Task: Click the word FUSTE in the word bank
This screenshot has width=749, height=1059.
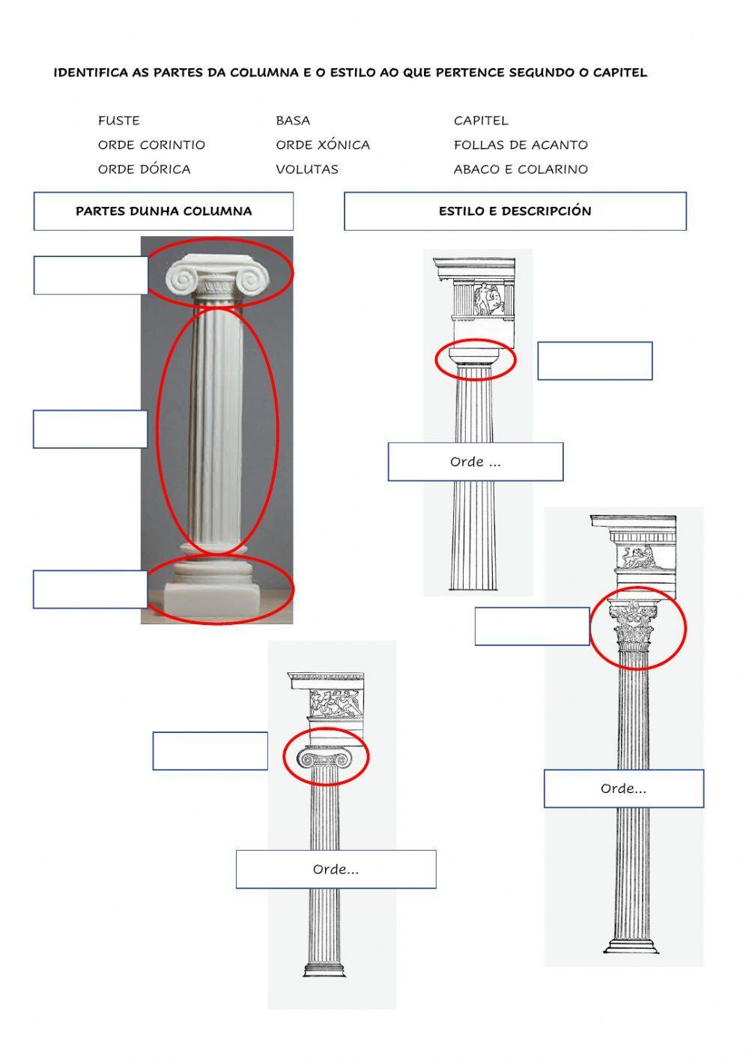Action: pyautogui.click(x=118, y=121)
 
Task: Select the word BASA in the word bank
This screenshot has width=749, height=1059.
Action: pyautogui.click(x=293, y=121)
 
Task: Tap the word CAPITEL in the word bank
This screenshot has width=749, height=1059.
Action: pyautogui.click(x=481, y=121)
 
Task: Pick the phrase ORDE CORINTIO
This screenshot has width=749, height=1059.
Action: pyautogui.click(x=151, y=145)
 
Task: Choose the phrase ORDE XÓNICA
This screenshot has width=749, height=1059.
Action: pyautogui.click(x=323, y=145)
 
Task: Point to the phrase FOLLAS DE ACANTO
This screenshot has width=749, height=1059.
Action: pyautogui.click(x=521, y=145)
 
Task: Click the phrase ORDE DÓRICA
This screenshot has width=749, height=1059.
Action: pyautogui.click(x=144, y=169)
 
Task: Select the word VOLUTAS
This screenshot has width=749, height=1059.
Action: pyautogui.click(x=307, y=169)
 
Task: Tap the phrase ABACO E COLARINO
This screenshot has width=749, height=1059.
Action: pyautogui.click(x=521, y=169)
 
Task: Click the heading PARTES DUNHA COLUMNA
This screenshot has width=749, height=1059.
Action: pyautogui.click(x=163, y=211)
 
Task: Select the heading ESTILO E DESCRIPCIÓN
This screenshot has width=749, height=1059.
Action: pyautogui.click(x=515, y=211)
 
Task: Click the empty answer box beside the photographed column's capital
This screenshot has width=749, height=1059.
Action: pyautogui.click(x=91, y=275)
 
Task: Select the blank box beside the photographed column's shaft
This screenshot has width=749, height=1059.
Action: pyautogui.click(x=91, y=429)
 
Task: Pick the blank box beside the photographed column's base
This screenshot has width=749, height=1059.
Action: pyautogui.click(x=91, y=589)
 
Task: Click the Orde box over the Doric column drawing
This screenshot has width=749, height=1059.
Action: pyautogui.click(x=476, y=462)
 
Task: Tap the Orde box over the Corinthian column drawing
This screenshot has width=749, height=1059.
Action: pyautogui.click(x=624, y=788)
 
